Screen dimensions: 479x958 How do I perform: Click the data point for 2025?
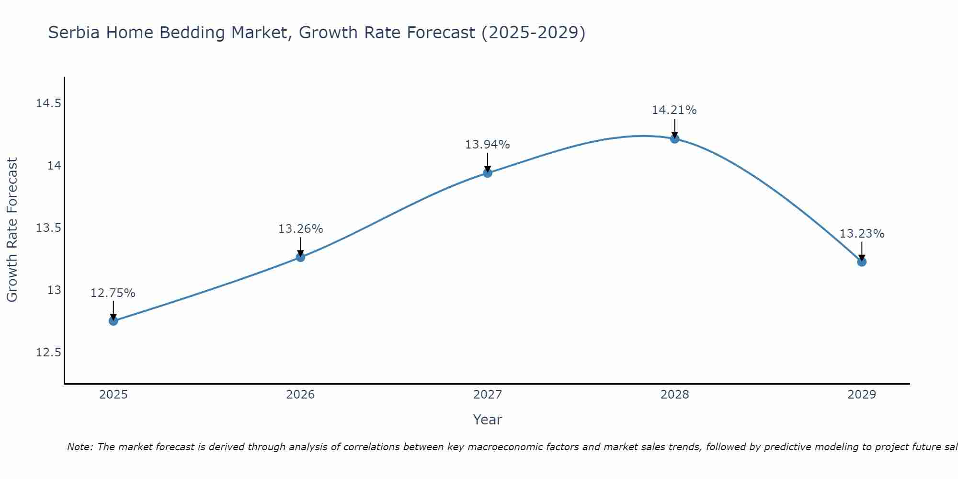point(114,321)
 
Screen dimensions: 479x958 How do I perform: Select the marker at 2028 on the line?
point(674,139)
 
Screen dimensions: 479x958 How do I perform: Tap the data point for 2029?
point(862,262)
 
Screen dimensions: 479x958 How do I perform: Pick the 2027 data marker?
point(488,173)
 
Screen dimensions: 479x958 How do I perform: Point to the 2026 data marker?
point(300,257)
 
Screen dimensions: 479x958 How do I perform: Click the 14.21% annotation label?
point(674,110)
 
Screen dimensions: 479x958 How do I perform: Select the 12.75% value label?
point(113,293)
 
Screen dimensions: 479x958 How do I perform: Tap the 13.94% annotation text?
point(487,145)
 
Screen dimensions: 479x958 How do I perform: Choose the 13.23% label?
point(862,234)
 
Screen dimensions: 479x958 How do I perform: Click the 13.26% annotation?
point(300,229)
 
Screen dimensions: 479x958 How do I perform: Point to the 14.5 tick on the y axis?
point(49,103)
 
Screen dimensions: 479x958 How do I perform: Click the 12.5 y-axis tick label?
point(49,353)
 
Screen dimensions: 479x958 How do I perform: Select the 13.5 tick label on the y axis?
point(49,228)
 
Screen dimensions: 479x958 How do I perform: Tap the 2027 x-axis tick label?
point(488,395)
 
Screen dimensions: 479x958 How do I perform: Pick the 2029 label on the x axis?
point(862,395)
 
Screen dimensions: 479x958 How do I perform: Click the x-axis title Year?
point(487,420)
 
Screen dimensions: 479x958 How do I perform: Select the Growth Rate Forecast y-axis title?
point(12,230)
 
